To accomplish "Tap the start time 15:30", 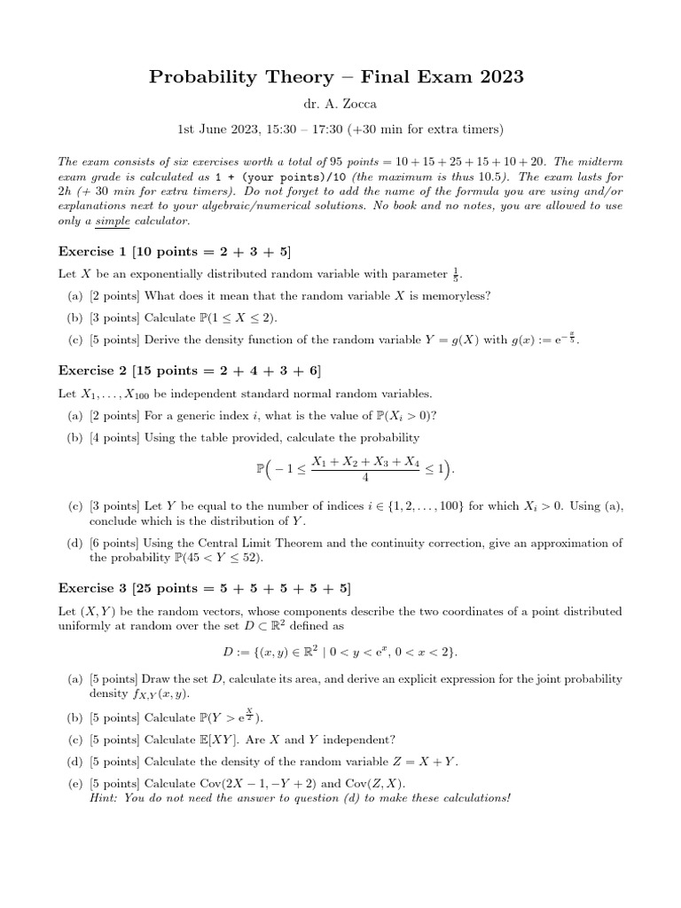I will [262, 129].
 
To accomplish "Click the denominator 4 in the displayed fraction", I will [365, 476].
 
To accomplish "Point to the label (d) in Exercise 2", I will [75, 543].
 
